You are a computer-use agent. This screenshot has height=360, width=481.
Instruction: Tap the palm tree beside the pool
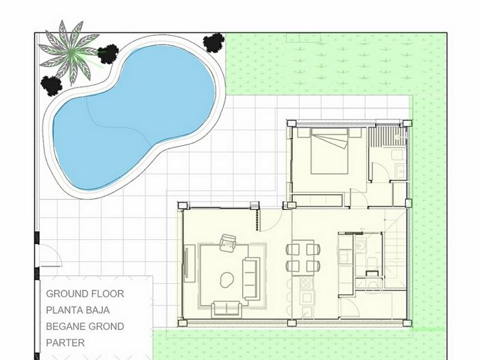click(x=69, y=47)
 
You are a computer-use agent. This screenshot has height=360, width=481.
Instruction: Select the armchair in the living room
click(x=229, y=243)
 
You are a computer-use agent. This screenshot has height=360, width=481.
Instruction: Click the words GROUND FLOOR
click(x=85, y=294)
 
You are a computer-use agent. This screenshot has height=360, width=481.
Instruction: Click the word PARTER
click(x=65, y=343)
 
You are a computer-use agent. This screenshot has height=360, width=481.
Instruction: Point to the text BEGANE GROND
click(x=85, y=327)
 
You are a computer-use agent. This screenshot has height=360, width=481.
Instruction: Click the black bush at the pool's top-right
click(x=214, y=42)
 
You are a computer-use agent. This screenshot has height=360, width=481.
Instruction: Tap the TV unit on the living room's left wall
click(x=186, y=273)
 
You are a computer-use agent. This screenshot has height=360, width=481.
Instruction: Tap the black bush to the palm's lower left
click(x=51, y=85)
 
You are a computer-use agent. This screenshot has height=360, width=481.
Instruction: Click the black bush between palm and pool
click(x=108, y=52)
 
